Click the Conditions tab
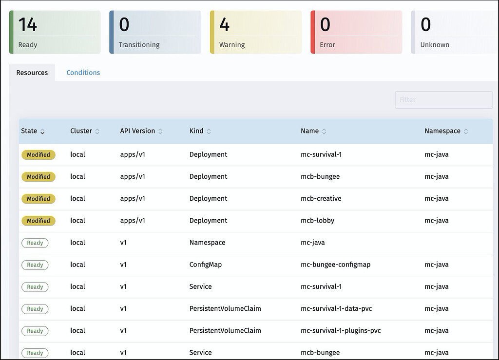[x=83, y=73]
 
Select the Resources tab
[x=32, y=73]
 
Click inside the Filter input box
[x=443, y=100]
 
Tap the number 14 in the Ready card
[x=28, y=24]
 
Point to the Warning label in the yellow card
[x=232, y=45]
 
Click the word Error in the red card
[x=327, y=45]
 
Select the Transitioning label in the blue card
[x=139, y=45]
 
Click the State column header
[x=29, y=131]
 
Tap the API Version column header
[x=137, y=131]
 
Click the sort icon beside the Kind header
[x=209, y=132]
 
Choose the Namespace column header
[x=442, y=131]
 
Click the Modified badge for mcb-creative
[x=38, y=199]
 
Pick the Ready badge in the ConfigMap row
[x=35, y=265]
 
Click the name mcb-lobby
[x=318, y=221]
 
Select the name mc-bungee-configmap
[x=336, y=265]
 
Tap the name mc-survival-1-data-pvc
[x=337, y=309]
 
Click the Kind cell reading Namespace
[x=208, y=243]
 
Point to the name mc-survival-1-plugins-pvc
[x=341, y=331]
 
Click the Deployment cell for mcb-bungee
[x=208, y=176]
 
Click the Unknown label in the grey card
[x=435, y=45]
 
